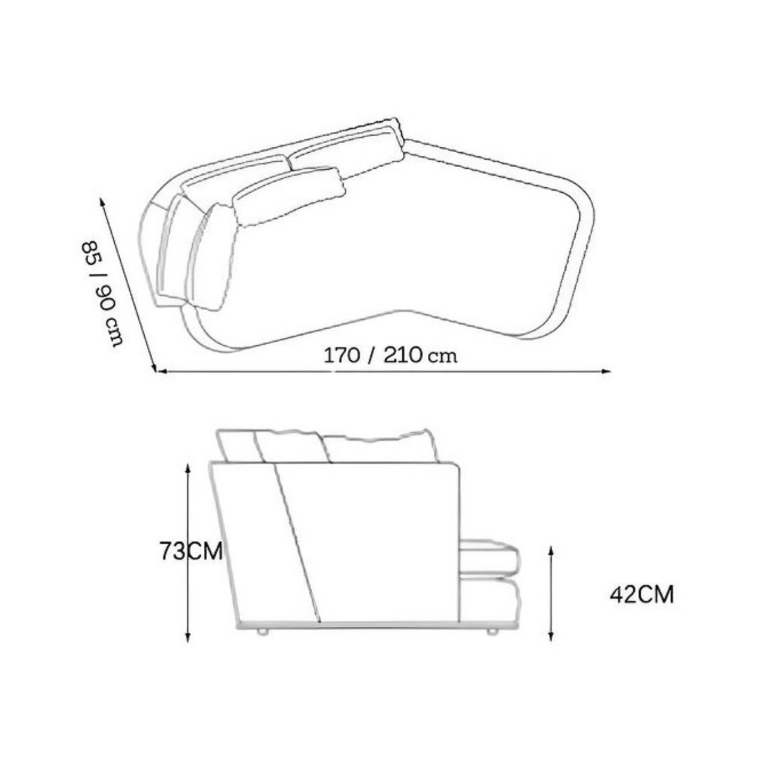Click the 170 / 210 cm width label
pyautogui.click(x=390, y=355)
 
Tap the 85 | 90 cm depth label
pyautogui.click(x=103, y=293)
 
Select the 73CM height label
pyautogui.click(x=191, y=551)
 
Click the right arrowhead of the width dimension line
pyautogui.click(x=606, y=372)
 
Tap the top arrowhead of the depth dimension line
pyautogui.click(x=103, y=202)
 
